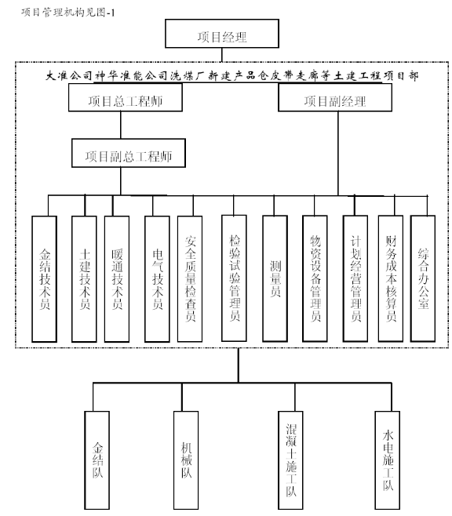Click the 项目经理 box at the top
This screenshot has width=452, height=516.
222,34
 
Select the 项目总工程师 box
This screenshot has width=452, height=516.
126,97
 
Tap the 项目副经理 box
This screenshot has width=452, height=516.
335,97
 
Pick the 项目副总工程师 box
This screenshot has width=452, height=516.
129,153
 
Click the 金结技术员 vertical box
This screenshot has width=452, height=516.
45,279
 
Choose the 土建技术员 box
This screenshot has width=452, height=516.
84,279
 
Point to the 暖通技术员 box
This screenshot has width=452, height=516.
117,279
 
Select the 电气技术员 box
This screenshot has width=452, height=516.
158,279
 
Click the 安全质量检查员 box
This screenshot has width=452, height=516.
190,279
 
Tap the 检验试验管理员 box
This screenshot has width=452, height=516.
234,278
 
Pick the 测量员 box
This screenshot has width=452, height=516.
275,278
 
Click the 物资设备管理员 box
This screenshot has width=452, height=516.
315,278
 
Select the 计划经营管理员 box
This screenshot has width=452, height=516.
355,278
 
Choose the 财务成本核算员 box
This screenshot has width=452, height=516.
391,278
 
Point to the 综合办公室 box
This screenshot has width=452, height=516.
423,278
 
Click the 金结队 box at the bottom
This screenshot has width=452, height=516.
97,460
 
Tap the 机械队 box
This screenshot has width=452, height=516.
186,460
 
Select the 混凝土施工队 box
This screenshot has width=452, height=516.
290,460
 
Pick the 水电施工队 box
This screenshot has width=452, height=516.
388,460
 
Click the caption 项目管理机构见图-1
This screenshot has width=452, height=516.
68,13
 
